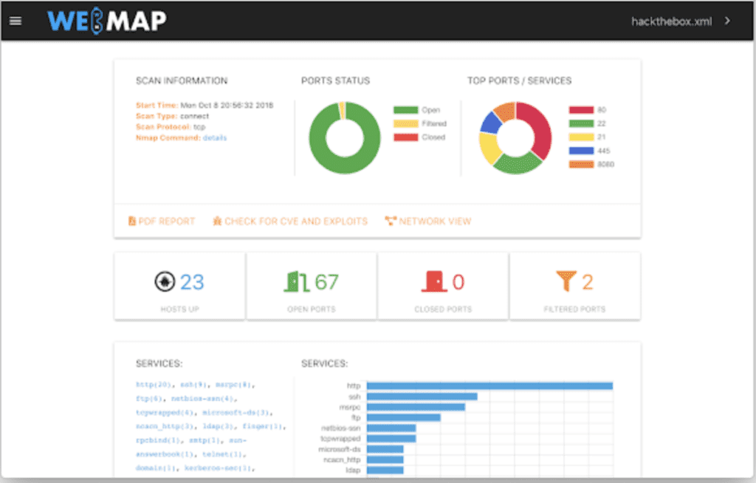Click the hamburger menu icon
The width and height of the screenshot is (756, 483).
pyautogui.click(x=15, y=21)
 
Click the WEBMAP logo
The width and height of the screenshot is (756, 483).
pyautogui.click(x=106, y=21)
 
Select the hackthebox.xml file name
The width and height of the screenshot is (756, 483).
pyautogui.click(x=671, y=21)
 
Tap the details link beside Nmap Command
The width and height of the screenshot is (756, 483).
pyautogui.click(x=215, y=137)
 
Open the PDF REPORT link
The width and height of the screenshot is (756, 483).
pyautogui.click(x=162, y=221)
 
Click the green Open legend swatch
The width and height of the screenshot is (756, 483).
pyautogui.click(x=405, y=110)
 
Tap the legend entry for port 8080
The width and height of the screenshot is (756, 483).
pyautogui.click(x=591, y=164)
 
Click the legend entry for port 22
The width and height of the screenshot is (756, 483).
pyautogui.click(x=591, y=123)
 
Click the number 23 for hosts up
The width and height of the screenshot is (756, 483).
pyautogui.click(x=192, y=282)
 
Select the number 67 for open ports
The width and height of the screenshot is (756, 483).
pyautogui.click(x=326, y=282)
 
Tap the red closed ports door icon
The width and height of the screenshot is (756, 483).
pyautogui.click(x=433, y=281)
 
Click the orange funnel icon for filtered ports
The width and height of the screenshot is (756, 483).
pyautogui.click(x=566, y=281)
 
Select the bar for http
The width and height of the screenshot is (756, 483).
pyautogui.click(x=489, y=386)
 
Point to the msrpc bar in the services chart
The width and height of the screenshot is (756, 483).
pyautogui.click(x=416, y=407)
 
